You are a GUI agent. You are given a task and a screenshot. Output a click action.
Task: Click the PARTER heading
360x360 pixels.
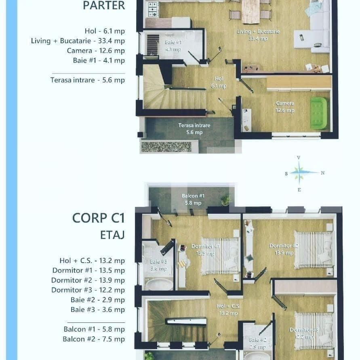pyautogui.click(x=103, y=6)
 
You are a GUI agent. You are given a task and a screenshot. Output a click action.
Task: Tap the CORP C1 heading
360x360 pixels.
pyautogui.click(x=98, y=218)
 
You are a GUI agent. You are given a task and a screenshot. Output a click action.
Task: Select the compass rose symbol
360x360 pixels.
pyautogui.click(x=299, y=173)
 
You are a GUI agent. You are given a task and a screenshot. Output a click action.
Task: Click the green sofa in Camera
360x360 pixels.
pyautogui.click(x=318, y=114)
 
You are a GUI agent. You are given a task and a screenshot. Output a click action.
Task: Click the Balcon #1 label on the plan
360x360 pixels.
pyautogui.click(x=193, y=199)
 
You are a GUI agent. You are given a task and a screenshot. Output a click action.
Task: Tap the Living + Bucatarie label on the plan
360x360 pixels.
pyautogui.click(x=258, y=35)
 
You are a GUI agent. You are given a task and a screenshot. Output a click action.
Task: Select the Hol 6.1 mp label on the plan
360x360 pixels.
pyautogui.click(x=219, y=82)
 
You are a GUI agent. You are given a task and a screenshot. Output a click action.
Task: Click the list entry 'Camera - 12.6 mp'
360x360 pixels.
pyautogui.click(x=96, y=51)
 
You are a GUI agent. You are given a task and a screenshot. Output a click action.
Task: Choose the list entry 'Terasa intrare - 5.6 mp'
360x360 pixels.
pyautogui.click(x=87, y=80)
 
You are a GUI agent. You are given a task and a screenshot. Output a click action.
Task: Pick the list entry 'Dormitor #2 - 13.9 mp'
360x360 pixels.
pyautogui.click(x=88, y=280)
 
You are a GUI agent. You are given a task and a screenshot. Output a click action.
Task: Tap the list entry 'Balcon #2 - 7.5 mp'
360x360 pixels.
pyautogui.click(x=93, y=339)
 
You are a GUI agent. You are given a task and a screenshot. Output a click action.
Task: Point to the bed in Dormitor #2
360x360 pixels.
pyautogui.click(x=313, y=249)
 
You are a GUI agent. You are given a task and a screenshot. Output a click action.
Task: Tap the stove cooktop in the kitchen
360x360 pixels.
pyautogui.click(x=153, y=9)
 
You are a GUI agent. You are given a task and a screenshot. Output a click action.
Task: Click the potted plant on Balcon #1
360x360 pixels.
pyautogui.click(x=226, y=200)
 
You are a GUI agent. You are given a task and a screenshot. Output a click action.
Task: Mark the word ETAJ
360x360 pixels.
pyautogui.click(x=112, y=235)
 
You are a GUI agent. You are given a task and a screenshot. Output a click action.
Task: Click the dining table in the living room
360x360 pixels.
pyautogui.click(x=251, y=11)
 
